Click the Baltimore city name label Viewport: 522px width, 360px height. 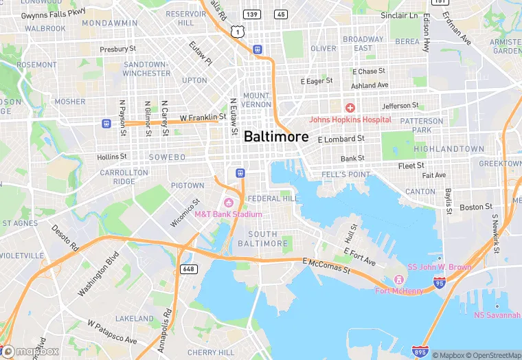tap(276, 136)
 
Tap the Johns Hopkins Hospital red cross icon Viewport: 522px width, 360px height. tap(350, 108)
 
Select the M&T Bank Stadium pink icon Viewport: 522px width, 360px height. tap(228, 202)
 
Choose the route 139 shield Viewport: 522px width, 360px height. tap(252, 14)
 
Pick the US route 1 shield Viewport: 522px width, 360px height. tap(237, 32)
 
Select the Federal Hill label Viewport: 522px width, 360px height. tap(273, 199)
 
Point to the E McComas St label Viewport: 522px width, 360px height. tap(326, 266)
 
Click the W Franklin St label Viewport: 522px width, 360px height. tap(203, 118)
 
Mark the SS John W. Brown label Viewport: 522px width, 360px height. tap(440, 267)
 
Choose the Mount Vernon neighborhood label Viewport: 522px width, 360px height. tap(256, 100)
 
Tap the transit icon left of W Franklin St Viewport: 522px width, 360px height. tap(106, 123)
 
